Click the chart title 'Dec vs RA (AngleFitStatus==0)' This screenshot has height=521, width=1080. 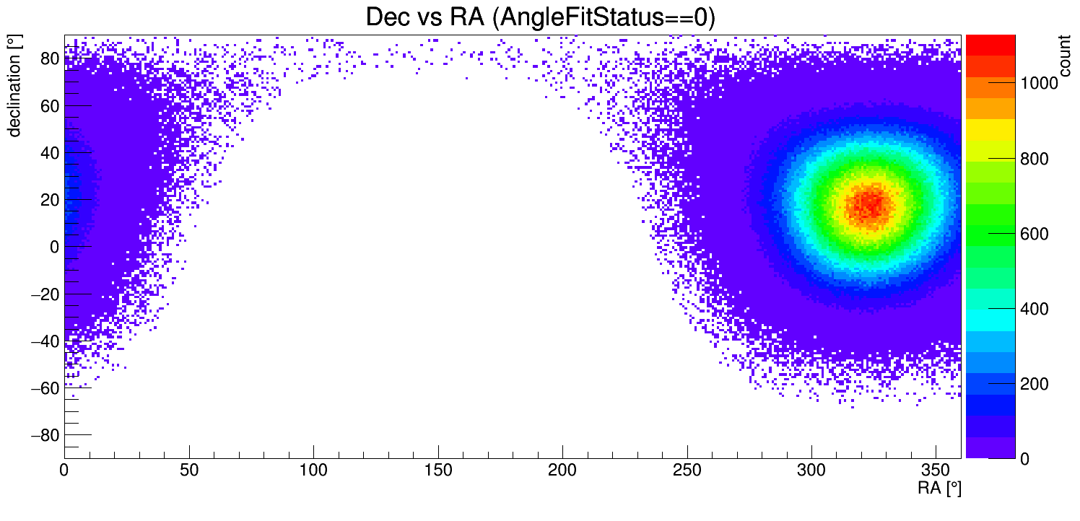pos(540,17)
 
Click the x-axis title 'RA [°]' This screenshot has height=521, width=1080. pos(939,489)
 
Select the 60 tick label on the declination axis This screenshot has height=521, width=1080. pos(49,105)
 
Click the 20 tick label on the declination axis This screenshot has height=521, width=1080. pos(49,200)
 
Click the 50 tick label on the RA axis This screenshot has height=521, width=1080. pos(189,472)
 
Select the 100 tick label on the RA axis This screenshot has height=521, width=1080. pos(313,472)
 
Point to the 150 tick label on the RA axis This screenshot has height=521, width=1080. pos(438,472)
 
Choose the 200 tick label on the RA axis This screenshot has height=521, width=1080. pos(562,472)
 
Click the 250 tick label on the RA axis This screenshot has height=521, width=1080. pos(687,472)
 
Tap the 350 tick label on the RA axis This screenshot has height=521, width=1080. pos(936,472)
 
